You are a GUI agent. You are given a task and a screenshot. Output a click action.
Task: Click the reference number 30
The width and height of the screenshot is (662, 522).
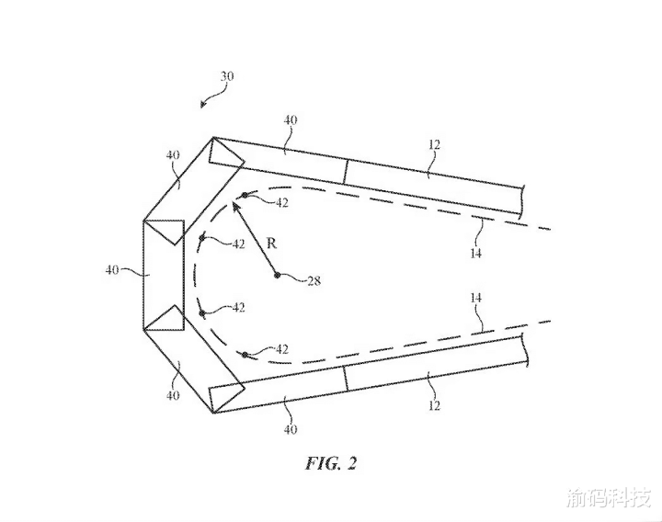tap(227, 76)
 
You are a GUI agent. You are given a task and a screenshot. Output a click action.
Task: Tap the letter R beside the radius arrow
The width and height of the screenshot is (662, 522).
tap(272, 243)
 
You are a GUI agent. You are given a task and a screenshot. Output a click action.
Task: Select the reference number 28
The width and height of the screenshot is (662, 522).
tap(314, 280)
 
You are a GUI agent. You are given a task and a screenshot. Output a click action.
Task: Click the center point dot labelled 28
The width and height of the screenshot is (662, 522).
tap(277, 275)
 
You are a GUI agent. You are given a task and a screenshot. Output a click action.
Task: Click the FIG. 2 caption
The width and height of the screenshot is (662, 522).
tap(331, 463)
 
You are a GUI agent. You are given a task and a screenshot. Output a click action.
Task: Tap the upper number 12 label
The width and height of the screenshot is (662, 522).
tap(434, 144)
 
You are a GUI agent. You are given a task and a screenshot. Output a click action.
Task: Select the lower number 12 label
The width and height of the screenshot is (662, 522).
tap(434, 405)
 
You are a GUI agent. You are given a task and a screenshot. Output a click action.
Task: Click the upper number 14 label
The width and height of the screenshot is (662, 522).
tap(476, 253)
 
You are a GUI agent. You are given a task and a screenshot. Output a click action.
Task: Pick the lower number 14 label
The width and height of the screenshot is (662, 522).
tap(476, 298)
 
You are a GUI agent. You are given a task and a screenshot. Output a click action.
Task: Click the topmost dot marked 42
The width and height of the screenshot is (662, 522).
tap(245, 195)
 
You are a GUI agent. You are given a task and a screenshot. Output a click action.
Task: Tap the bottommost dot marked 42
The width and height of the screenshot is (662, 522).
tap(245, 355)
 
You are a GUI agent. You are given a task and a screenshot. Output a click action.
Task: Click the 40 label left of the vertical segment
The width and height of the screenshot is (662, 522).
tap(112, 269)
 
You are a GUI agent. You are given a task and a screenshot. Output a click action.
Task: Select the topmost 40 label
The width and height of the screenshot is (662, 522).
tap(290, 120)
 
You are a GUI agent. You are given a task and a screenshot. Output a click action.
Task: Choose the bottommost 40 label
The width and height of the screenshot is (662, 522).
tap(290, 429)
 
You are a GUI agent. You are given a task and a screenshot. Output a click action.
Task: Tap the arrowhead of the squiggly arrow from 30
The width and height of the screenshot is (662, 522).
tap(203, 104)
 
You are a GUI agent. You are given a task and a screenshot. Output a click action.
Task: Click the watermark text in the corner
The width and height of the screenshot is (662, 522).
tap(609, 498)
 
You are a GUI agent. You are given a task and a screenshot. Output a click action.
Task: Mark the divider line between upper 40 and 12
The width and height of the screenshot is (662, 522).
tap(346, 172)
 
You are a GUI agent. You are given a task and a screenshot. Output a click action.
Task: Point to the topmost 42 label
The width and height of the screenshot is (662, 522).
tap(281, 202)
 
